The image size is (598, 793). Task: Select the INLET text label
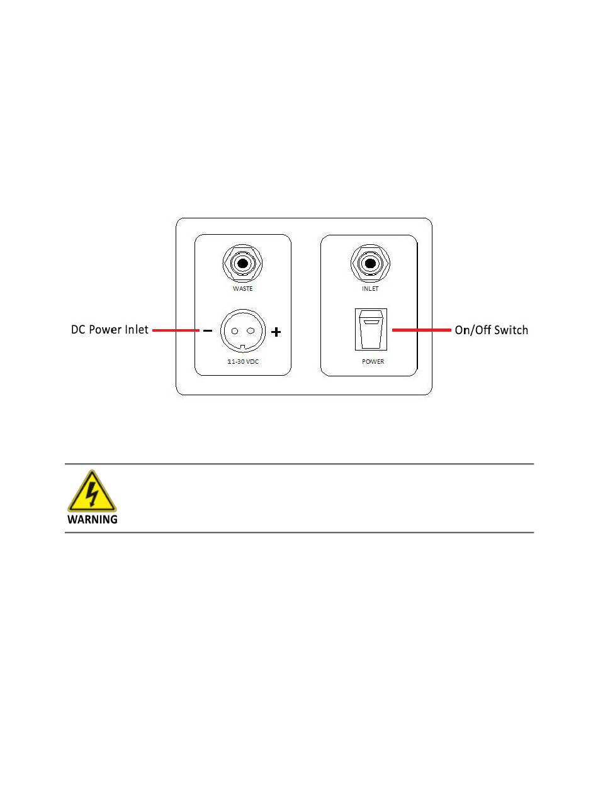click(370, 289)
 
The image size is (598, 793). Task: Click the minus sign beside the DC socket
click(206, 330)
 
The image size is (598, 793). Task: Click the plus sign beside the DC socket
click(276, 331)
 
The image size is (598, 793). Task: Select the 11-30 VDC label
click(242, 362)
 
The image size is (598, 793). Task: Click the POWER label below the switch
click(373, 362)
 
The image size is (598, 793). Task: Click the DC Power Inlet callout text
click(109, 330)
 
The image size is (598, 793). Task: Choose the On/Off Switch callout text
click(491, 330)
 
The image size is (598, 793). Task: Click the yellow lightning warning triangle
click(92, 492)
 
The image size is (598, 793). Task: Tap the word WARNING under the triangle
click(93, 520)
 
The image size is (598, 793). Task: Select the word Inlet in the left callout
click(136, 330)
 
